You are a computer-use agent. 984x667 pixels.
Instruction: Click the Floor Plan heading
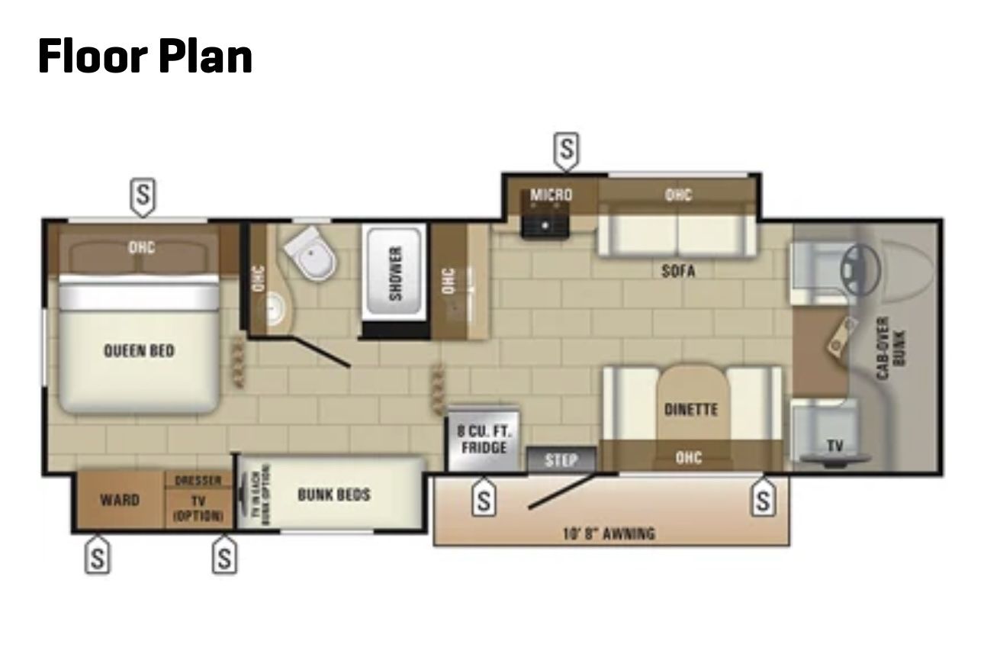(x=145, y=56)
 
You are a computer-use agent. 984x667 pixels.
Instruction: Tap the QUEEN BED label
(x=139, y=351)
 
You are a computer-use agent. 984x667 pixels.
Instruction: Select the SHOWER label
(x=395, y=273)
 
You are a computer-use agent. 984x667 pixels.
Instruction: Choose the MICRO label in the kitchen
(x=551, y=195)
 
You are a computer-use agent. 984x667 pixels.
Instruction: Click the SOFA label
(x=678, y=270)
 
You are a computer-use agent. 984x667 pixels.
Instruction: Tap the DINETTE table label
(x=690, y=409)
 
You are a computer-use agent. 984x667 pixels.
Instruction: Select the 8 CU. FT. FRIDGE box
(x=484, y=439)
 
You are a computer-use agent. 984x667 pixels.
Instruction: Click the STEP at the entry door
(x=561, y=460)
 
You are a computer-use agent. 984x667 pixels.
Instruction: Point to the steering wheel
(x=860, y=268)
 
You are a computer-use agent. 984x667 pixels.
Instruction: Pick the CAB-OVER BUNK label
(x=889, y=347)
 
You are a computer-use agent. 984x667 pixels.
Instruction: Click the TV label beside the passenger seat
(x=835, y=446)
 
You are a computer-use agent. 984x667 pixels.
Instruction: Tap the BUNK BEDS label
(x=333, y=495)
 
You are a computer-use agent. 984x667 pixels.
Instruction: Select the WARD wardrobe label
(x=120, y=500)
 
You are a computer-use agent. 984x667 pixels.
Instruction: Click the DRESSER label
(x=198, y=481)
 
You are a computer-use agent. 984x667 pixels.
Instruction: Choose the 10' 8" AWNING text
(x=609, y=533)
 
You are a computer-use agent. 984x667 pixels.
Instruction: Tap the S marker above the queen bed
(x=143, y=195)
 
